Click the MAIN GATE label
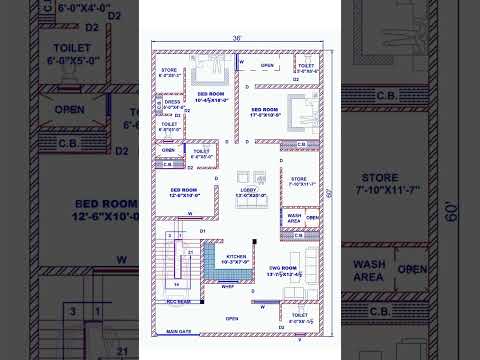[179, 331]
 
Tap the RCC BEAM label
[177, 298]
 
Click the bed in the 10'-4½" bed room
[210, 71]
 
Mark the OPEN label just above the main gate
[231, 319]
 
